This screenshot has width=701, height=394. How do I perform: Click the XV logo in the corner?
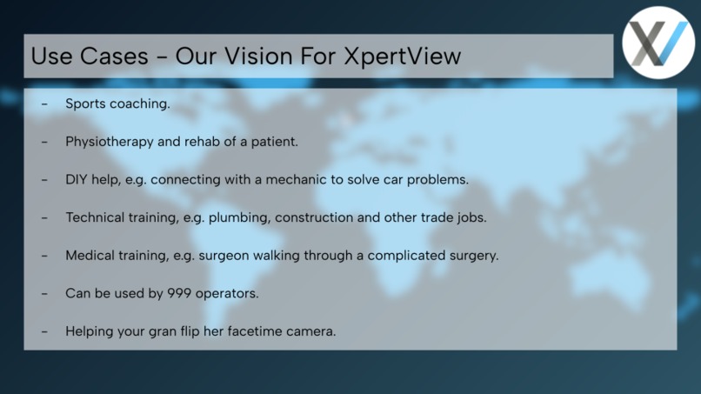pos(658,43)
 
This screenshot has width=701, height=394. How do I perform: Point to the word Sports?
pos(85,104)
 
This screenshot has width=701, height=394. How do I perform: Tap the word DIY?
pos(77,179)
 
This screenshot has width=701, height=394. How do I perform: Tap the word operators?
pos(227,293)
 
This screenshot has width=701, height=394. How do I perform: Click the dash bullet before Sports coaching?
pos(44,104)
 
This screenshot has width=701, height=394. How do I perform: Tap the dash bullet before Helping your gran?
pos(44,331)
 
